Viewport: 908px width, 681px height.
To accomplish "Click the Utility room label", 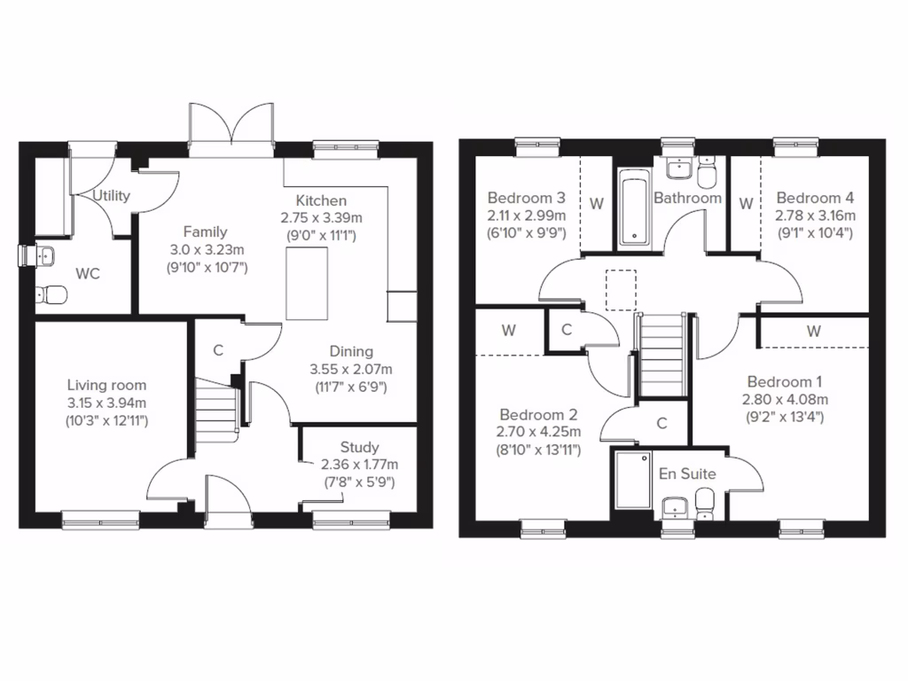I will point(112,195).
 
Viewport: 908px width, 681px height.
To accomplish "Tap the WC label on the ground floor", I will point(88,274).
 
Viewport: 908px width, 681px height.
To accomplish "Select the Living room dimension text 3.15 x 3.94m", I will point(107,403).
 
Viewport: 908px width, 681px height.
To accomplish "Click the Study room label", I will point(359,447).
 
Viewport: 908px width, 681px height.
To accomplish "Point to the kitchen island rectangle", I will point(307,284).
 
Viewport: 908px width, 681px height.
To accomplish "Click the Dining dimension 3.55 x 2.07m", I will point(351,369).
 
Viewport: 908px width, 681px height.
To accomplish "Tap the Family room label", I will point(206,231).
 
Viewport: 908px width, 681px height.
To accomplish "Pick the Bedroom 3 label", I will point(527,197).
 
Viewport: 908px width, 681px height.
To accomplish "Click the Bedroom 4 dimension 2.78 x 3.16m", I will point(815,215).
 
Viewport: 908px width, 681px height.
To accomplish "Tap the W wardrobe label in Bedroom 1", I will point(813,331).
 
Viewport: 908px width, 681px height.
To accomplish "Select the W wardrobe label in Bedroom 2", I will point(508,331).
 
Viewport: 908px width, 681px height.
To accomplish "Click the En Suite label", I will point(686,474).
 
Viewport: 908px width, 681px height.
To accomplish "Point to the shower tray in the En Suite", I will point(632,481).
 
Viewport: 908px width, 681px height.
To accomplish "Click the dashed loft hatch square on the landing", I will point(621,289).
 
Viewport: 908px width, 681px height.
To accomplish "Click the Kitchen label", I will point(321,200).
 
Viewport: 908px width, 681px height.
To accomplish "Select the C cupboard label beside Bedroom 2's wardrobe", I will point(567,330).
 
